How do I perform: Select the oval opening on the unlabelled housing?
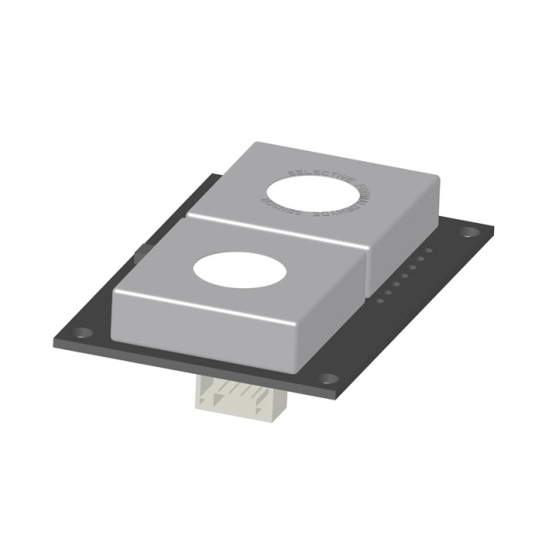[x=238, y=270]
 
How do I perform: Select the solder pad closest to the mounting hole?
[x=429, y=250]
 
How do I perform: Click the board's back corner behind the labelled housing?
[x=214, y=176]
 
